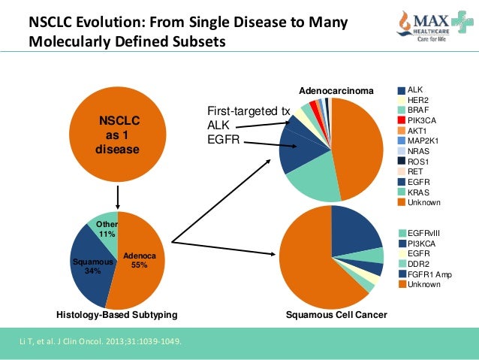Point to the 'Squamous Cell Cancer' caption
336,314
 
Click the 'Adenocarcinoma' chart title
336,91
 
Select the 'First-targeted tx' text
248,112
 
